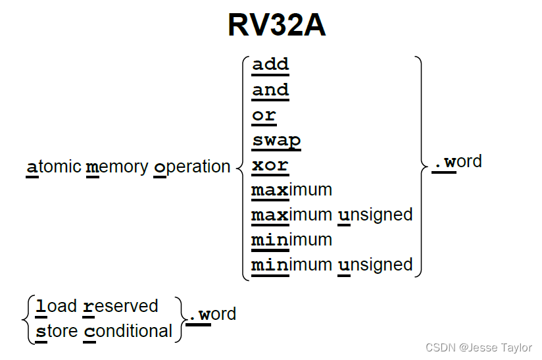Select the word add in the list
pos(270,64)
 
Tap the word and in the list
pos(270,90)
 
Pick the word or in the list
pos(264,115)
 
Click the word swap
pos(276,140)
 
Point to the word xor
pos(270,165)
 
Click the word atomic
pos(54,167)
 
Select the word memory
pos(117,167)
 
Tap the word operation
pos(192,167)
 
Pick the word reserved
pos(121,307)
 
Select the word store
pos(57,331)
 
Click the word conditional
pos(128,331)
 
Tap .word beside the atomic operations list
pos(457,162)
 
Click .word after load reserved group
pos(211,315)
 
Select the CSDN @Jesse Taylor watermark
pos(478,347)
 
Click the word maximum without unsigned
pos(291,190)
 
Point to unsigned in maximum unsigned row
pos(376,215)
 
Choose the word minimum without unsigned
pos(291,240)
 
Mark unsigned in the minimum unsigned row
pos(376,265)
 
